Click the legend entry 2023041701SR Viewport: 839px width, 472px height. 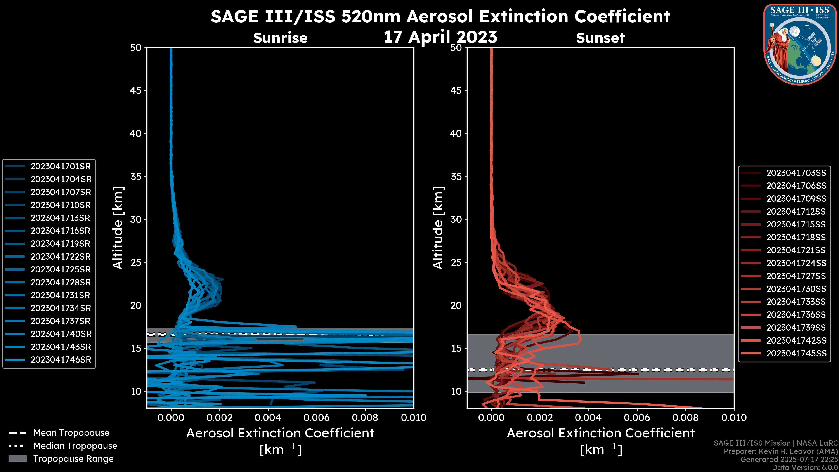click(x=61, y=167)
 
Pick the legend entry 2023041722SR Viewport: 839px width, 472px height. click(x=61, y=257)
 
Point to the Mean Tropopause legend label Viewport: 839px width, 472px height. click(x=71, y=433)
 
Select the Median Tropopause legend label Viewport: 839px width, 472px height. click(x=75, y=446)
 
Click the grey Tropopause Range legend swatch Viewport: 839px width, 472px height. click(x=17, y=459)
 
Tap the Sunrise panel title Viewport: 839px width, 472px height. click(x=280, y=38)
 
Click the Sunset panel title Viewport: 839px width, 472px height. click(x=600, y=38)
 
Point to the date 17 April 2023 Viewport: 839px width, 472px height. click(x=440, y=37)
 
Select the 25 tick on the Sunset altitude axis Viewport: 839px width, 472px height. click(x=456, y=262)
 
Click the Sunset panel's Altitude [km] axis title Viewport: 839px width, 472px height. click(x=438, y=228)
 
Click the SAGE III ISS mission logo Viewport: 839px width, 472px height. click(x=800, y=44)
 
